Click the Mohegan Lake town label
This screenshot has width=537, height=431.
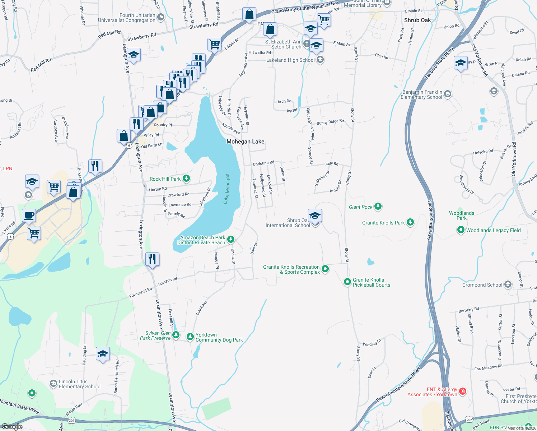(x=245, y=142)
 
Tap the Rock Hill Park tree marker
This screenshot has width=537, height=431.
(x=186, y=179)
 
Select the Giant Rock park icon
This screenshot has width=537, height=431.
(x=378, y=207)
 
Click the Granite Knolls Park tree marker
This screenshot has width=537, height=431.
(x=410, y=223)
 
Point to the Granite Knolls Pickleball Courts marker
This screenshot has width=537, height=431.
(x=347, y=282)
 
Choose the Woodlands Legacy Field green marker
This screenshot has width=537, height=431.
(x=461, y=230)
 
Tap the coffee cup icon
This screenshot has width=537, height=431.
(x=29, y=216)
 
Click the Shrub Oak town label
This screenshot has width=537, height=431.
(x=417, y=20)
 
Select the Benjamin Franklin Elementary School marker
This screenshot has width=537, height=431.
(x=447, y=94)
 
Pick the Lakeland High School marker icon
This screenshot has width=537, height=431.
(x=320, y=60)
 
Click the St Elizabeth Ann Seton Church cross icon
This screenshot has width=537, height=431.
(x=306, y=44)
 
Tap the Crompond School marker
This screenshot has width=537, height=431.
(x=508, y=285)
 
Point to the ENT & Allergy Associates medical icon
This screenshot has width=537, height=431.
(x=463, y=391)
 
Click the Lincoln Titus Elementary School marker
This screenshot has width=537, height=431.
(x=53, y=384)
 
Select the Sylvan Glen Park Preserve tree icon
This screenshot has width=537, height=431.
(x=176, y=335)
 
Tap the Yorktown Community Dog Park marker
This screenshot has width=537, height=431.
(x=190, y=337)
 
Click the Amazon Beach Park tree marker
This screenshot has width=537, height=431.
(x=231, y=239)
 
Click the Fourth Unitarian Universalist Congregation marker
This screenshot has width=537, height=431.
(x=161, y=17)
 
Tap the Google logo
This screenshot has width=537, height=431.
(x=12, y=426)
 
